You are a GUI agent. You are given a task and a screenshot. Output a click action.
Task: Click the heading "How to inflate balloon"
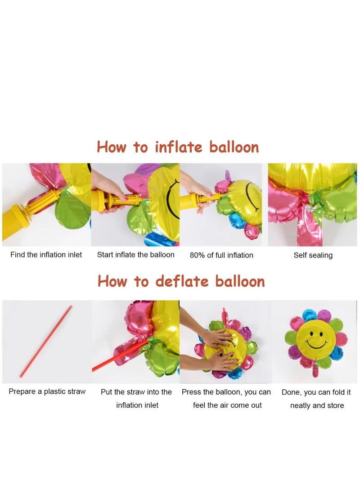pos(178,147)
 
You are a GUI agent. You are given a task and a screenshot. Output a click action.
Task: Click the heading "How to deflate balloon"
pos(181,281)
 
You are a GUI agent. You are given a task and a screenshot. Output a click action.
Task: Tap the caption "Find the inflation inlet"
pos(46,255)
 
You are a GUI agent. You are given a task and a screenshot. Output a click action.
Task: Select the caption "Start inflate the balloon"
pos(135,255)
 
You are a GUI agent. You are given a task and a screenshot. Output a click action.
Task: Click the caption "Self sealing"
pos(313,255)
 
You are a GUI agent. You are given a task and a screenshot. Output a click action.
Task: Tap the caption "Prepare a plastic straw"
pos(47,392)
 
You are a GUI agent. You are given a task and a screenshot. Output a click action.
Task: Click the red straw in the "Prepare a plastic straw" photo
pos(45,342)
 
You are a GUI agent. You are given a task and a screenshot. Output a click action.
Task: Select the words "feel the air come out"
pos(227,405)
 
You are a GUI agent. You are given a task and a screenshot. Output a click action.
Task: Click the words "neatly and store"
pos(317,405)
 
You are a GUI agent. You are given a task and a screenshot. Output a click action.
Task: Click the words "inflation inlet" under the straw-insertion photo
pos(137,405)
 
